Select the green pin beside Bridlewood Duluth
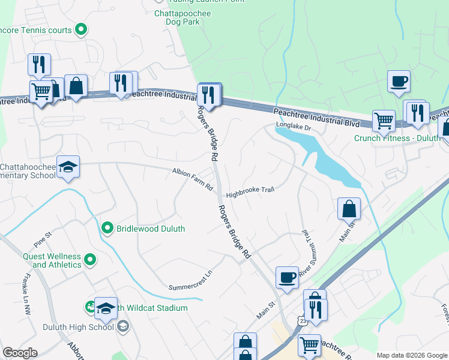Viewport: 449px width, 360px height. point(107,228)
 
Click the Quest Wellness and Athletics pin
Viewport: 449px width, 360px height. point(90,259)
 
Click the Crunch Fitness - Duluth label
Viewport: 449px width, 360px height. point(397,137)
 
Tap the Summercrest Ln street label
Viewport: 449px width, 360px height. point(191,280)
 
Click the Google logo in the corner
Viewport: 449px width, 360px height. point(20,353)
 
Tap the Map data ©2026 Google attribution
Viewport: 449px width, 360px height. point(412,355)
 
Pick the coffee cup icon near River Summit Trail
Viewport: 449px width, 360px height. point(287,277)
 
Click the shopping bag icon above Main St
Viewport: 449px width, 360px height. point(349,209)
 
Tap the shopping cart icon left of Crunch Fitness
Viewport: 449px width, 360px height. point(384,121)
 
